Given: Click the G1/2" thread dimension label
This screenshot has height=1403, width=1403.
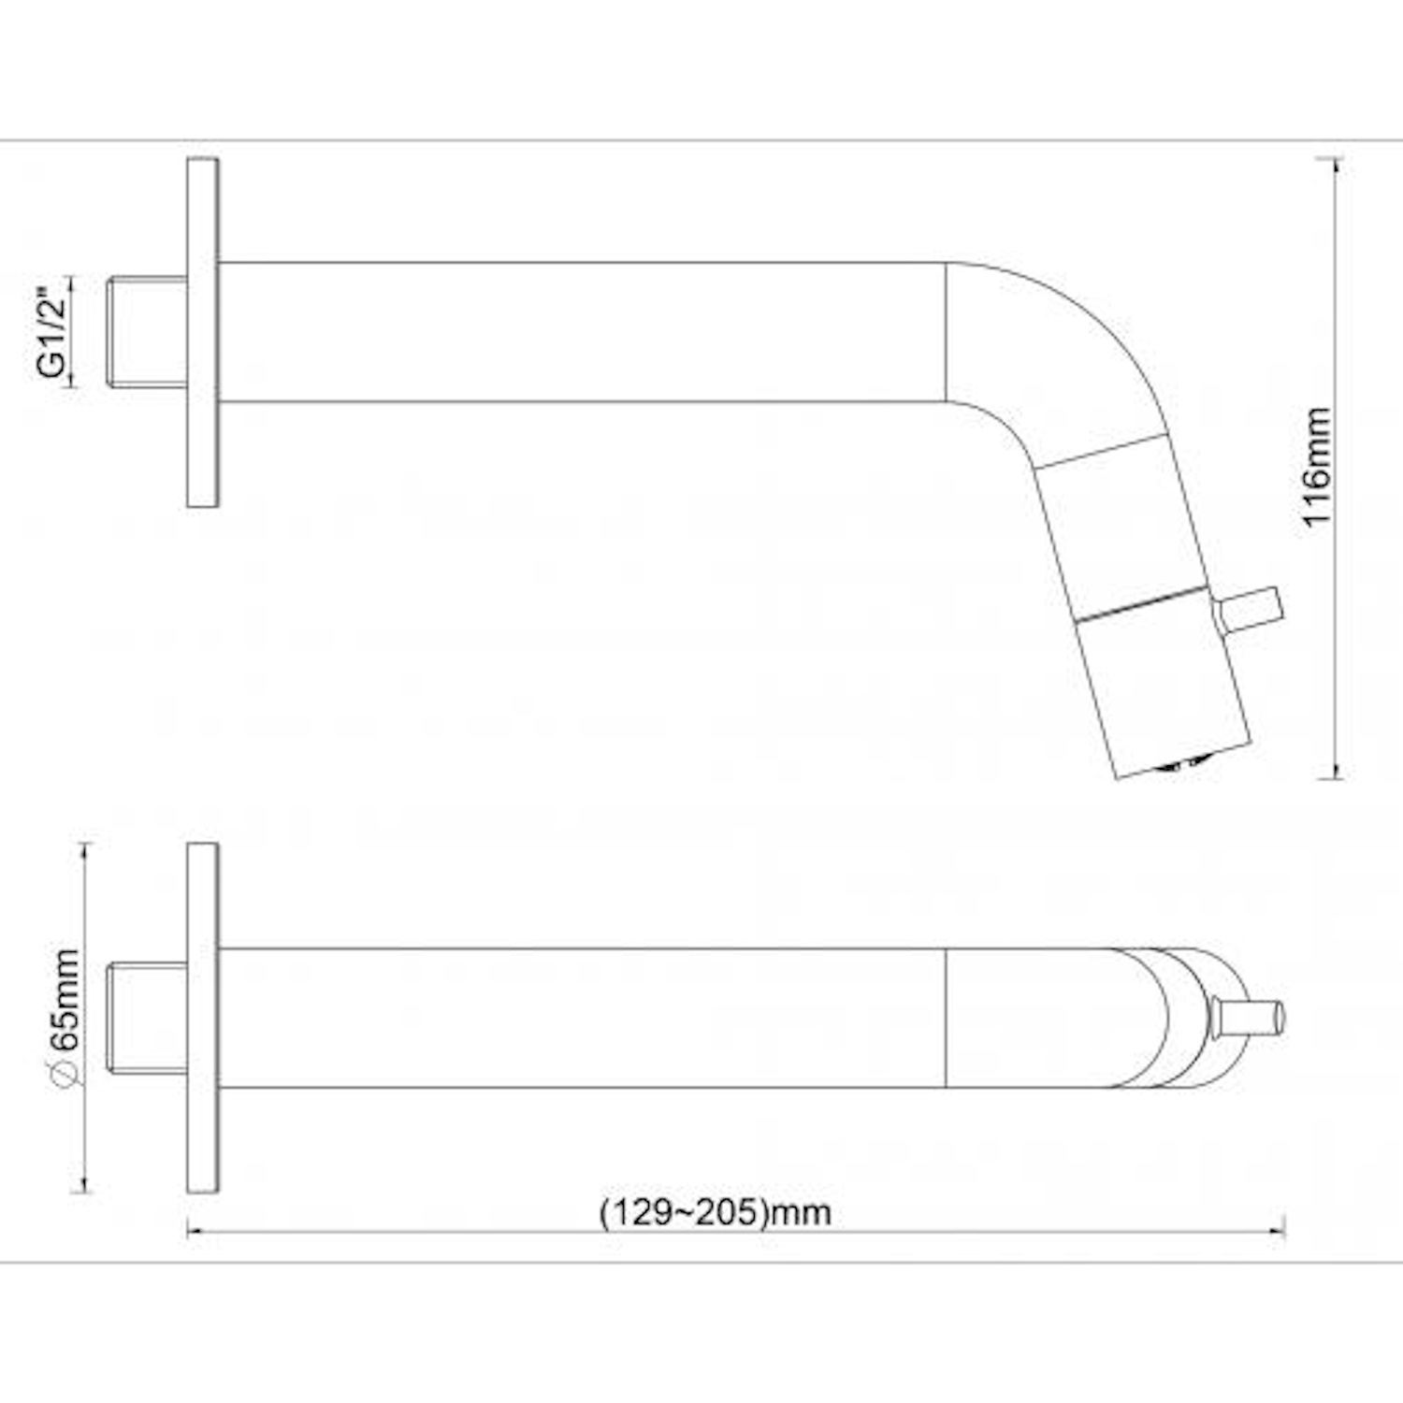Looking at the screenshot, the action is click(x=52, y=331).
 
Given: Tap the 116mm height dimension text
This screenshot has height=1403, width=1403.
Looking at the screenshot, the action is click(x=1317, y=467).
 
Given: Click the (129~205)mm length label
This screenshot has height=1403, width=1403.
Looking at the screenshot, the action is click(x=716, y=1212).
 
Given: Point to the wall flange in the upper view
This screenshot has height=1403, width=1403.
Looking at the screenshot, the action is click(x=203, y=332).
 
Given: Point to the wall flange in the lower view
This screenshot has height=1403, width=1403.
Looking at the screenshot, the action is click(x=203, y=1018).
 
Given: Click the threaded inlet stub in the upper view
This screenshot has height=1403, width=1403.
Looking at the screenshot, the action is click(x=148, y=331).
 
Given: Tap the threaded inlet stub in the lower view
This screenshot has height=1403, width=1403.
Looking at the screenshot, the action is click(x=148, y=1018).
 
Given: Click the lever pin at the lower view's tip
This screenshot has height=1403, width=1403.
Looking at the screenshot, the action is click(x=1249, y=1018).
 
